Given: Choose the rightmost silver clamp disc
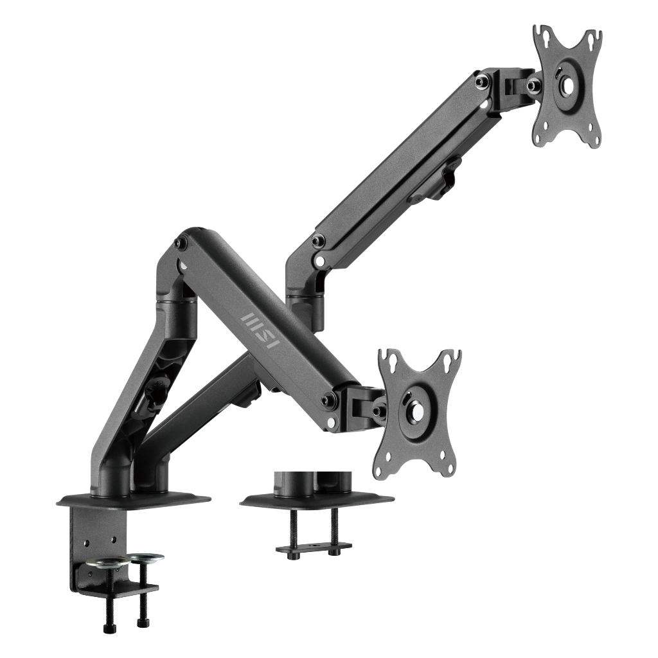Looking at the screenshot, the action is pyautogui.click(x=146, y=557).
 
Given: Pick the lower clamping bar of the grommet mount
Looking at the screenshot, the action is pyautogui.click(x=314, y=547).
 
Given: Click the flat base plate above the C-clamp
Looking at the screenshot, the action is pyautogui.click(x=134, y=501).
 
